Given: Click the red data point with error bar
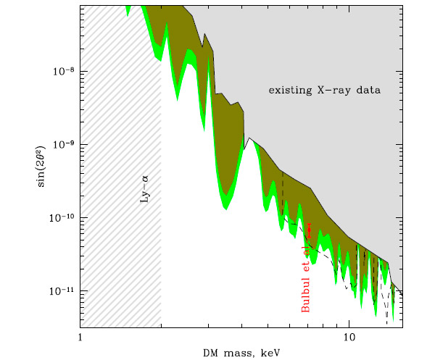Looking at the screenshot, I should click(309, 230).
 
